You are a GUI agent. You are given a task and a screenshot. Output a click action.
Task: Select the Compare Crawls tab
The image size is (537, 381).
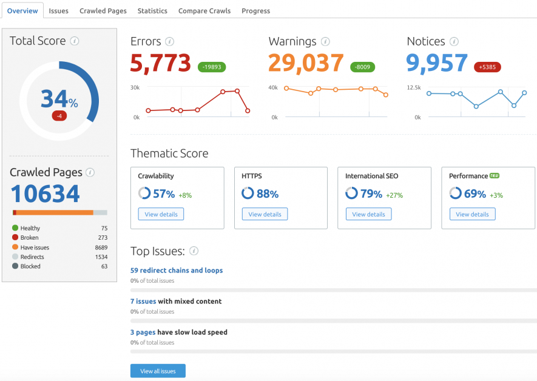pos(204,11)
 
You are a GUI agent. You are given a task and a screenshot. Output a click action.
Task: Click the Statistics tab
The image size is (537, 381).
pos(152,11)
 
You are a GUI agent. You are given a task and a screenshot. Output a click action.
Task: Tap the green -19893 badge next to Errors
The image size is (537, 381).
pos(212,67)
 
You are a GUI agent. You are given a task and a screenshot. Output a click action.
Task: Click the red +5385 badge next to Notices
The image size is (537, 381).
pos(487,67)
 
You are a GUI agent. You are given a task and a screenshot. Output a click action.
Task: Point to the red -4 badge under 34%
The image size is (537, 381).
pos(59,115)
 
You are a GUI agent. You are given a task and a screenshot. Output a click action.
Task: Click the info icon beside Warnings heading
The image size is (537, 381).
pos(325,42)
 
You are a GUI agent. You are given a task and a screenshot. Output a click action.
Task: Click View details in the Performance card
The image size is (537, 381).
pos(472,214)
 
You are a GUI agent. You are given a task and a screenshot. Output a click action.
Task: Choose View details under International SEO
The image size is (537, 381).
pos(368,214)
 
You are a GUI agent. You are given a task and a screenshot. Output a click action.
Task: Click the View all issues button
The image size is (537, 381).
pos(158,371)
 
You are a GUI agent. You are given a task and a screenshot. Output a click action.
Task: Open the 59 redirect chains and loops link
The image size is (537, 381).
pos(177,270)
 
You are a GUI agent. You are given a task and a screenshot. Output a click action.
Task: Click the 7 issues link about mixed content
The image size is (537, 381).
pos(143,301)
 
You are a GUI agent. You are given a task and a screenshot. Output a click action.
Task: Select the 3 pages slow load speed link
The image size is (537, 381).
pos(143,332)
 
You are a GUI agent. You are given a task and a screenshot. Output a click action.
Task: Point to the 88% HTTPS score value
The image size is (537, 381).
pos(268,194)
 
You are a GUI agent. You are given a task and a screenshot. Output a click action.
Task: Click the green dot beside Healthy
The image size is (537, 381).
pos(15,228)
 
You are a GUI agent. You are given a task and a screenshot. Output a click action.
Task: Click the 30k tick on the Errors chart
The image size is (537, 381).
pos(135,87)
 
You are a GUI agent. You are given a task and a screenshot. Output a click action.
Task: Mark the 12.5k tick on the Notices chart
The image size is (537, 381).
pos(414,87)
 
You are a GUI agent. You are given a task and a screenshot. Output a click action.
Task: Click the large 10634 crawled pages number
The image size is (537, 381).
pos(46,194)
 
